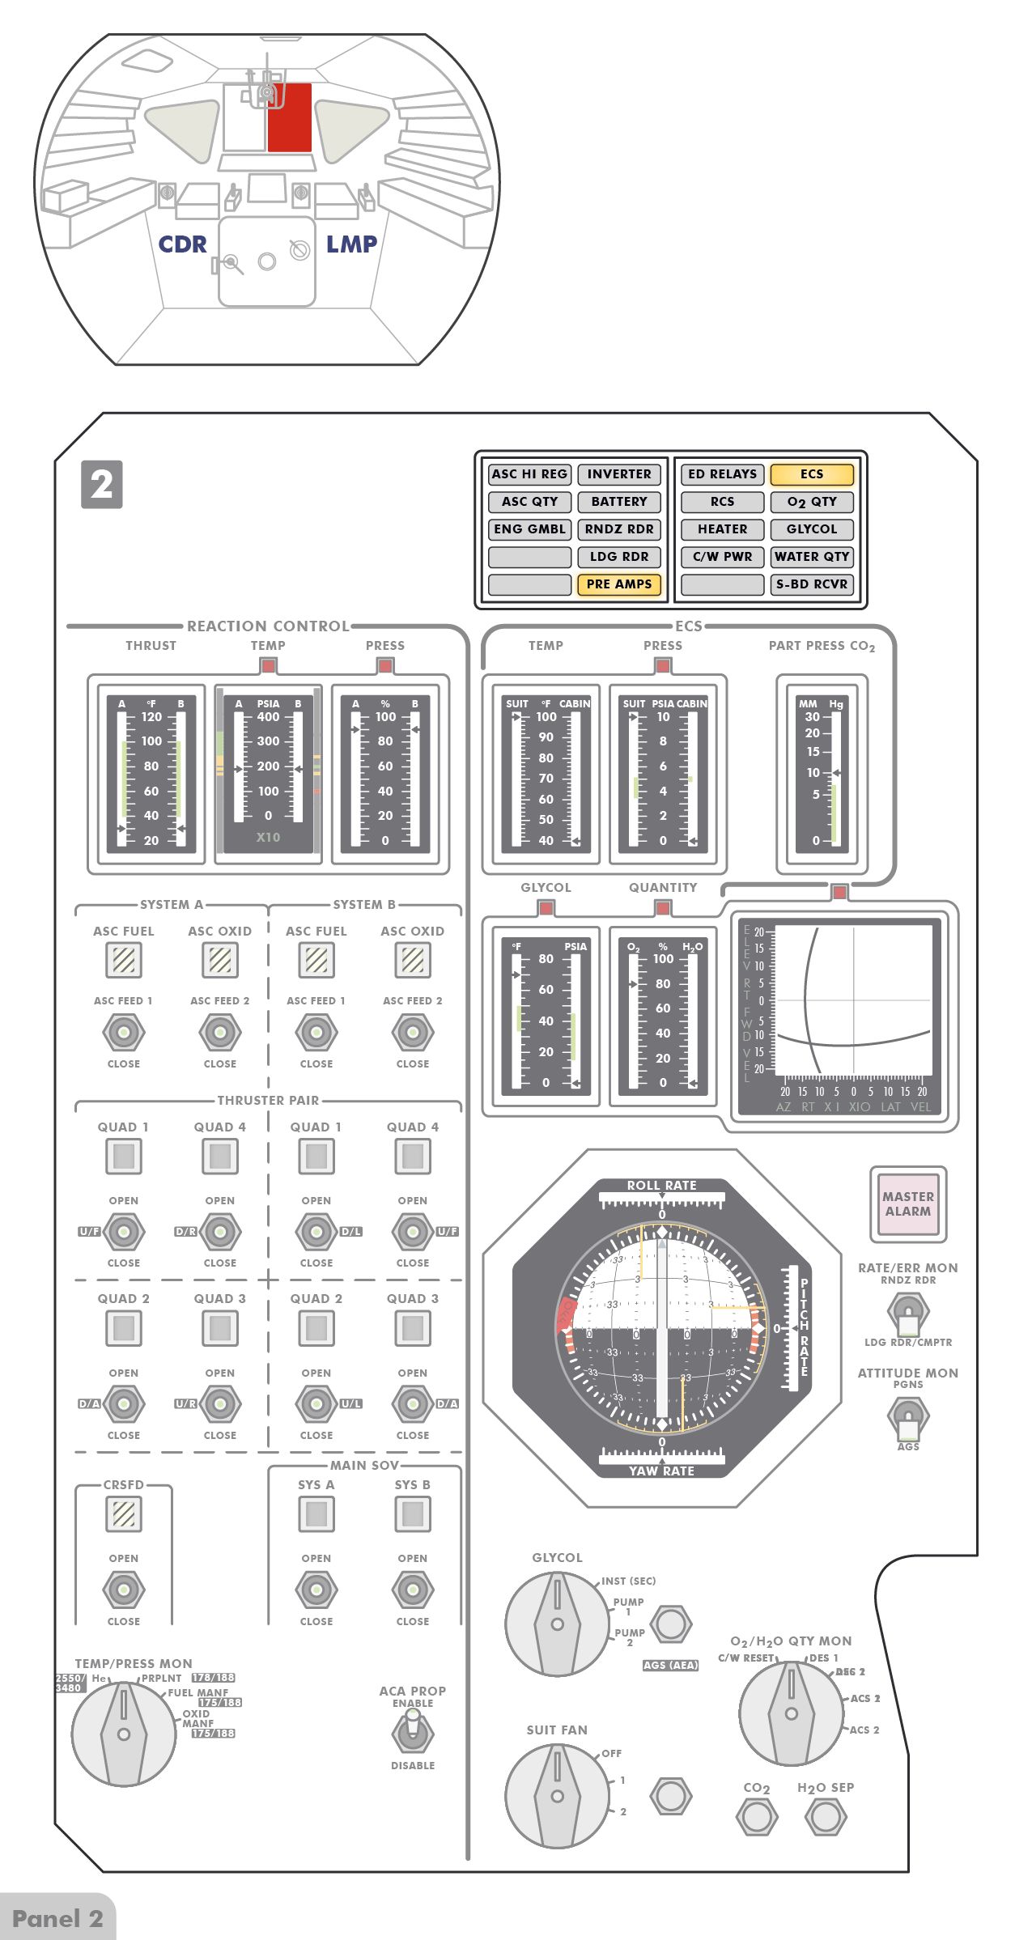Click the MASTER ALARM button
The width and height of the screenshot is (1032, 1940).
point(908,1204)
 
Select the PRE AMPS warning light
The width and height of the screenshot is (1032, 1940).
point(619,584)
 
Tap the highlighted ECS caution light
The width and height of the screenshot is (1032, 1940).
point(812,474)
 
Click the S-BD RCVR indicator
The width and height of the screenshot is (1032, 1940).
point(812,584)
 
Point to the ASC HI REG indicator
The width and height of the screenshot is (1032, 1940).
point(530,474)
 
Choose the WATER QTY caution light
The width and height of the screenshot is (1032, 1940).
point(812,557)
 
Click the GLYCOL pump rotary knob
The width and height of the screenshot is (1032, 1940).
point(557,1624)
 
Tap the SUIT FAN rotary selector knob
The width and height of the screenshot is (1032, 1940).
point(557,1796)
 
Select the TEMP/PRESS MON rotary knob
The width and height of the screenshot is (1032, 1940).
point(124,1734)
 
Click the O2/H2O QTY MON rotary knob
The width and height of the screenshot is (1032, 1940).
point(791,1713)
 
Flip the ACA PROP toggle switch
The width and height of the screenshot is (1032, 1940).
point(413,1733)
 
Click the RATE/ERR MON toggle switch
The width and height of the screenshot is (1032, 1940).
point(908,1311)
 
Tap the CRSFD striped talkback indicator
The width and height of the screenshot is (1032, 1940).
point(124,1514)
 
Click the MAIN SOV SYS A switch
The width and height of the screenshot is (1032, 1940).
point(316,1590)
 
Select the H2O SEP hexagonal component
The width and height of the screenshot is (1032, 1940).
point(826,1817)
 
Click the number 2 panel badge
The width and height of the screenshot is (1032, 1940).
point(102,485)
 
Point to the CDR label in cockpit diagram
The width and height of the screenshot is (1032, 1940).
point(183,244)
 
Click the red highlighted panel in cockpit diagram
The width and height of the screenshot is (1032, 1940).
point(290,117)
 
